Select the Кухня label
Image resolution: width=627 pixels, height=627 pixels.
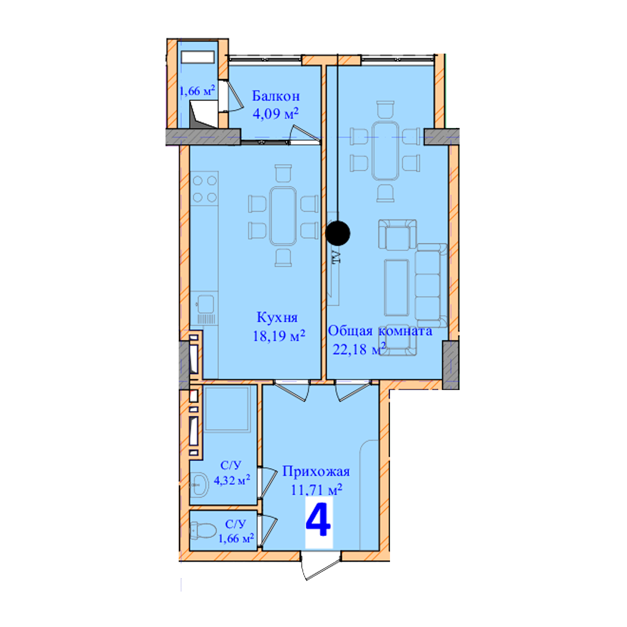tap(277, 317)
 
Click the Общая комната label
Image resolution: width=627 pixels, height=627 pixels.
tap(380, 331)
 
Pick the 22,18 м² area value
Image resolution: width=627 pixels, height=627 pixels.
tap(359, 349)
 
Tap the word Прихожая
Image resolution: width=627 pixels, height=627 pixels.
tap(316, 471)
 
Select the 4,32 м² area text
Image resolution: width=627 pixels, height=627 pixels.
tap(232, 480)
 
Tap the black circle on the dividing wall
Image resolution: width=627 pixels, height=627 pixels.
tap(338, 233)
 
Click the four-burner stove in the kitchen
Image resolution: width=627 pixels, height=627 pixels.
tap(204, 188)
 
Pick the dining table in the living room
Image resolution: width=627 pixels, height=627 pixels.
tap(385, 150)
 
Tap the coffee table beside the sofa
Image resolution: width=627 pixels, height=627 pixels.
tap(396, 287)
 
